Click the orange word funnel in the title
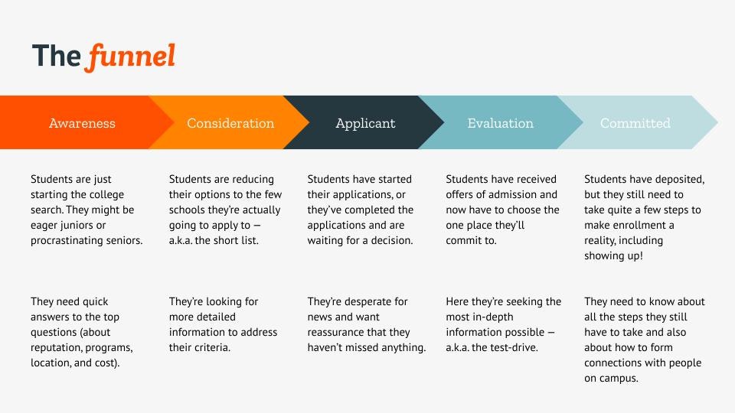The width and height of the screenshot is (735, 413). pos(131,57)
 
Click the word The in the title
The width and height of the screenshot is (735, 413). pos(56,56)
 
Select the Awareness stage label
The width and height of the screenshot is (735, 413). pos(82,123)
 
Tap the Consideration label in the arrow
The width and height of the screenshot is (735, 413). pos(230,123)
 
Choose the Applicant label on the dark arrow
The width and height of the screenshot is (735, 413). pos(366,124)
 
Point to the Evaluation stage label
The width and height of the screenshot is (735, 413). pos(500,123)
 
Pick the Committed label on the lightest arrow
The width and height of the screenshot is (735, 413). pos(635,123)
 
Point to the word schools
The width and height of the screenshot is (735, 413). pos(187,210)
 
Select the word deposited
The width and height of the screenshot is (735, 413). pos(680,179)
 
